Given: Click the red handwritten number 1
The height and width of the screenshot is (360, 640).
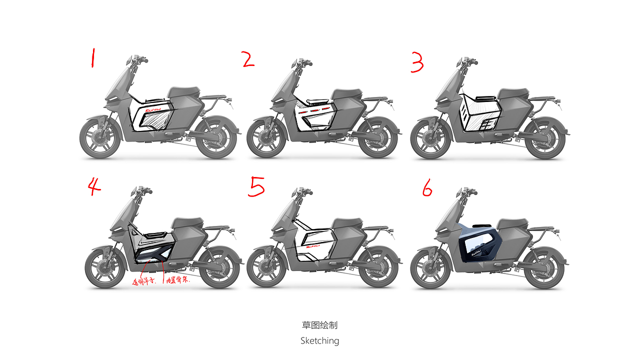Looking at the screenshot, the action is point(92,58).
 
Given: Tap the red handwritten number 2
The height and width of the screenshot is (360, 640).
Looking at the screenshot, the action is point(248,60).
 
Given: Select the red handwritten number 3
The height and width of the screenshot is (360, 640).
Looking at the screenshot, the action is point(417,63).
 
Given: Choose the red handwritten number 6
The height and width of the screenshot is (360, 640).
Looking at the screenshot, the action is point(426,189).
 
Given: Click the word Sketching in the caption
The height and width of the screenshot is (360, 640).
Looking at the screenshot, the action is point(319,340).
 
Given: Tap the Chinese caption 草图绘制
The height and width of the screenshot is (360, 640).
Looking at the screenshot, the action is point(319,325).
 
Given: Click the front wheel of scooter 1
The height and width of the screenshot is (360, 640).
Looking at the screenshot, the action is point(100,137).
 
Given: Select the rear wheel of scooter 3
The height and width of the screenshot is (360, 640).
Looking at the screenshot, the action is point(545,138).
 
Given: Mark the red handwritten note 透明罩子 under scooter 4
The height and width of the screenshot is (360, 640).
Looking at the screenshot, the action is point(144,281).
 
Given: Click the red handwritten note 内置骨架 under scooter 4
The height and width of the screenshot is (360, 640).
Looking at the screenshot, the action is point(177,281).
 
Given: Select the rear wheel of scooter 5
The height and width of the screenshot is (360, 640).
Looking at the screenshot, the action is point(378,267).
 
